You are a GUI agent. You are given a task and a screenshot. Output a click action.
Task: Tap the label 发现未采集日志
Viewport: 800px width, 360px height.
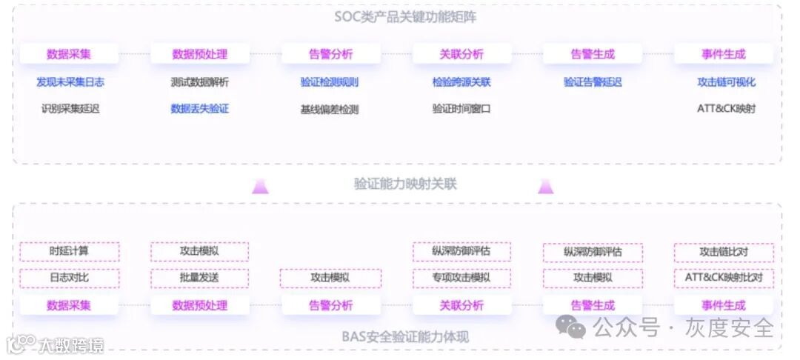tap(70, 82)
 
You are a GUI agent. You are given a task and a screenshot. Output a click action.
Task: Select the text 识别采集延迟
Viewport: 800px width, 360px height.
tap(70, 109)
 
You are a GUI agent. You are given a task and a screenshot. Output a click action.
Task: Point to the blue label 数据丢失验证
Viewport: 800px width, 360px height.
tap(200, 109)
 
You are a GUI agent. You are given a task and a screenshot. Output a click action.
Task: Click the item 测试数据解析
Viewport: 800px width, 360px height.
tap(200, 82)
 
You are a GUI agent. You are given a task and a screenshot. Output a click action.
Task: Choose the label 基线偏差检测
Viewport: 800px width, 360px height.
tap(330, 109)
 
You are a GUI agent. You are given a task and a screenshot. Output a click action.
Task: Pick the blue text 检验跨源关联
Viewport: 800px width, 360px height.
tap(461, 82)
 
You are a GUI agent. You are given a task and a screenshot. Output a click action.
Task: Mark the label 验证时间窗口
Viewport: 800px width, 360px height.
tap(461, 109)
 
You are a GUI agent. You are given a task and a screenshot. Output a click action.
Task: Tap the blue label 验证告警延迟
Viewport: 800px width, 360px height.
tap(593, 82)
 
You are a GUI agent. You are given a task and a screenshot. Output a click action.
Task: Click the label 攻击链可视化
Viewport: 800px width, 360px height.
tap(726, 82)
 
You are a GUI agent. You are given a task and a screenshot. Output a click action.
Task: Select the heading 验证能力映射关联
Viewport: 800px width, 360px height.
tap(405, 184)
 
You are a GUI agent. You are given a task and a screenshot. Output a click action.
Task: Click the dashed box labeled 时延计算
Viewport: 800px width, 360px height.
tap(70, 252)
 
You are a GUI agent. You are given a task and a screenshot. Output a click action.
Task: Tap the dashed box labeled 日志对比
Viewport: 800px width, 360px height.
tap(70, 279)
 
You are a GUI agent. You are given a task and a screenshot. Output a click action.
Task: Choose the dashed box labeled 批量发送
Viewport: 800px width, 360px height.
tap(200, 279)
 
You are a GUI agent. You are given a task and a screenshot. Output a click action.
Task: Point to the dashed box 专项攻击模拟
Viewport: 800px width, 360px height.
tap(461, 279)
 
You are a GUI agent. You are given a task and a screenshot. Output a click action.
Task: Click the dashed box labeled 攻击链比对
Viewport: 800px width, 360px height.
tap(724, 252)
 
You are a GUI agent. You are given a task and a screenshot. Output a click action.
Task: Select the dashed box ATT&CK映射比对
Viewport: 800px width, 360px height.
tap(724, 279)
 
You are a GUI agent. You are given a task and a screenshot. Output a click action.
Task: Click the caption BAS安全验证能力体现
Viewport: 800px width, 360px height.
tap(405, 337)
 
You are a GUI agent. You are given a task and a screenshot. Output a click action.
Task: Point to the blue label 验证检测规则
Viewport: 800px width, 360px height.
tap(330, 82)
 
